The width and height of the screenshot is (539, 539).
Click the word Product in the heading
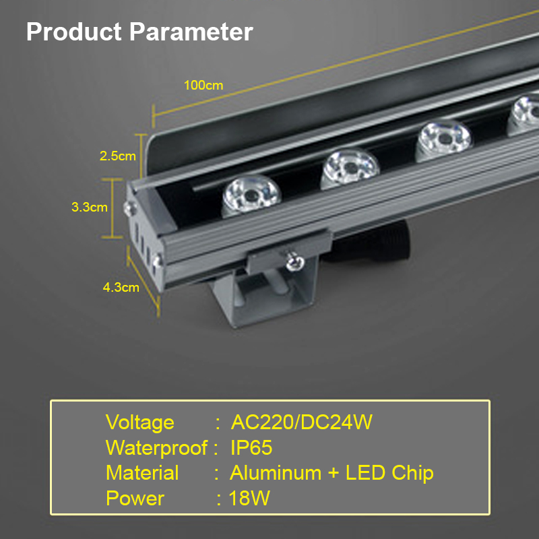(74, 32)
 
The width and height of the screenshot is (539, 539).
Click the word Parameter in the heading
(191, 32)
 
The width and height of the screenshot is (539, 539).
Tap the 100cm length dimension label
(203, 86)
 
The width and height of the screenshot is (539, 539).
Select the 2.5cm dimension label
(117, 156)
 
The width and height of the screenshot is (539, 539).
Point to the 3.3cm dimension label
(90, 207)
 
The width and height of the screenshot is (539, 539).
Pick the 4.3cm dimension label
(121, 288)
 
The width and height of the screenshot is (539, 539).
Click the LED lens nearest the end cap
(251, 195)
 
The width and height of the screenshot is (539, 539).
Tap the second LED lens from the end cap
(350, 168)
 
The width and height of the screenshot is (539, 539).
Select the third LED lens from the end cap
(443, 139)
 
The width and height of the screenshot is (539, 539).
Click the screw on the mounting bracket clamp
(295, 262)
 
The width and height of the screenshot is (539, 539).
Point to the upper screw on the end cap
(130, 208)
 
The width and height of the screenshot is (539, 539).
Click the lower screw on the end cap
(158, 261)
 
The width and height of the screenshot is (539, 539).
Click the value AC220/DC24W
(301, 422)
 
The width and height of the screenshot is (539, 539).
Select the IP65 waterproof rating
(251, 447)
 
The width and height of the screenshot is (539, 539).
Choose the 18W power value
(249, 498)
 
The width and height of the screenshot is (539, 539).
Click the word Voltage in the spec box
(140, 422)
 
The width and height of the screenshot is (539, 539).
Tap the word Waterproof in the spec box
(157, 448)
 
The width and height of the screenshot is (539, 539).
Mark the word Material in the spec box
(142, 473)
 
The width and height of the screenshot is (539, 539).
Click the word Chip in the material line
(412, 474)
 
